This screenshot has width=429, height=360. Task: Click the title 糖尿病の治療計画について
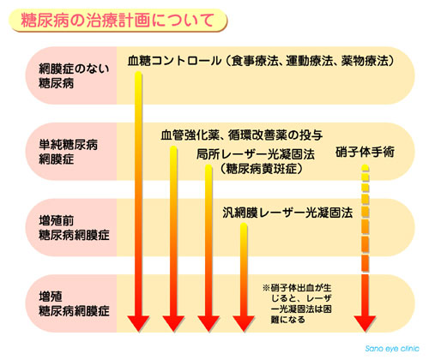point(118,21)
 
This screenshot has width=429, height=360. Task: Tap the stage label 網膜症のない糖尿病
point(74,76)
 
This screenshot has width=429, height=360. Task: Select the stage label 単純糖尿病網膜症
point(68,152)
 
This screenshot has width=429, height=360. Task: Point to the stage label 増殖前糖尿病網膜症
point(74,228)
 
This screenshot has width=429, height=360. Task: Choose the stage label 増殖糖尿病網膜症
point(74,303)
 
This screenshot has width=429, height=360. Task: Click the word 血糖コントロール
point(174,61)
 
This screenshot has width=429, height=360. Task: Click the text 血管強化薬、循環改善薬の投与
point(242,135)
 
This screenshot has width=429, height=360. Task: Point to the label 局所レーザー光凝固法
point(256,154)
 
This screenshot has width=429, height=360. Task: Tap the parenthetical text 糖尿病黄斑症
point(261,169)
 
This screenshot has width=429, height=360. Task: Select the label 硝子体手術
point(365,152)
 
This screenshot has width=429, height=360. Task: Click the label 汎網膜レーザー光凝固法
point(287,213)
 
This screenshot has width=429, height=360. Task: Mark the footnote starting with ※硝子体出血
point(297,303)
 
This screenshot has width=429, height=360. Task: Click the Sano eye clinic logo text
point(392,349)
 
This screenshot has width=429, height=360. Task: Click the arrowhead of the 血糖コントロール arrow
point(138,324)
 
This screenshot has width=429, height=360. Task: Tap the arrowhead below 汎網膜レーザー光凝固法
point(244,324)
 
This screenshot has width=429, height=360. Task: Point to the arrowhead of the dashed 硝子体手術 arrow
point(365,324)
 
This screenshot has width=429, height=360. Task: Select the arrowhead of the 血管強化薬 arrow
point(173,324)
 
